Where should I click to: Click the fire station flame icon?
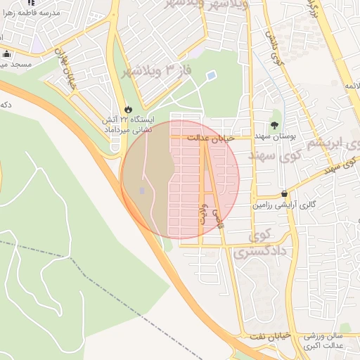pos(128,109)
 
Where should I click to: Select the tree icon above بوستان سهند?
pos(275,124)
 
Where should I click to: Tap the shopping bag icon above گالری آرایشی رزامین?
pos(284,193)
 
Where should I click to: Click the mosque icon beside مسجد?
pos(7,54)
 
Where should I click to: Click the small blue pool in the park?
pos(211,76)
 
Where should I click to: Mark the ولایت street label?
pos(204,214)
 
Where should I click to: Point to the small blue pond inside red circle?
pos(143,191)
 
